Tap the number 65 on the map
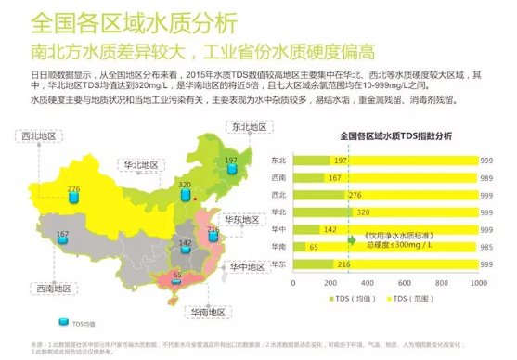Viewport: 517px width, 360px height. click(177, 275)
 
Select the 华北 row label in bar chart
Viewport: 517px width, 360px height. click(279, 212)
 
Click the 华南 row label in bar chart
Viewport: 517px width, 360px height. click(279, 246)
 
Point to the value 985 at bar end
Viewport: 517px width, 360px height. click(485, 246)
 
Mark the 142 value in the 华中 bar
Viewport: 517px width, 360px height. click(330, 229)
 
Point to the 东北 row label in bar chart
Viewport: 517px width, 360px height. click(279, 160)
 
